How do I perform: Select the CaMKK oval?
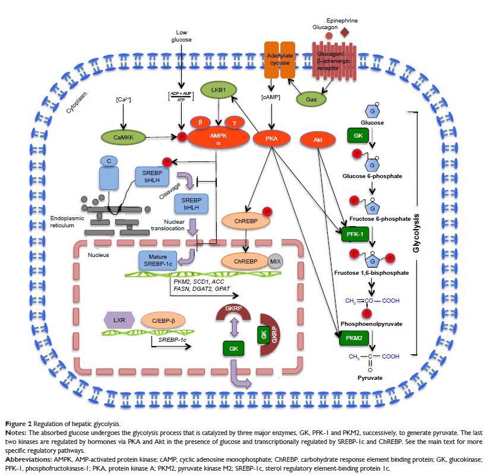coord(116,138)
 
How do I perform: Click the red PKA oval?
coord(271,139)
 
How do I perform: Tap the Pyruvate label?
coord(370,377)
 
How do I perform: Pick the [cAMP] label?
coord(271,97)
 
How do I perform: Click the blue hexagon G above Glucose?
coord(370,111)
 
